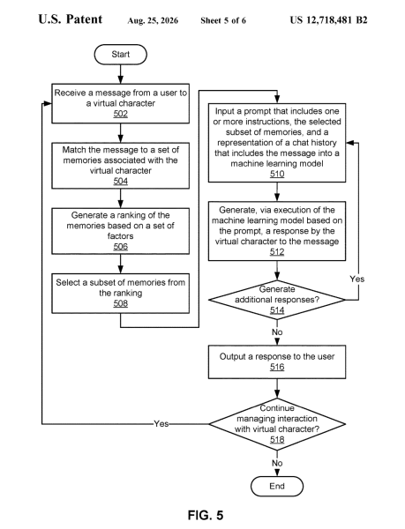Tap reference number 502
(x=121, y=114)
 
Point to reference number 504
(x=121, y=181)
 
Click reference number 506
(x=121, y=247)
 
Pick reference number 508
(x=121, y=303)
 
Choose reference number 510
(x=277, y=174)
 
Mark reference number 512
(x=277, y=252)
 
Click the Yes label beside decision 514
(x=357, y=279)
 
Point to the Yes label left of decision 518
(x=161, y=424)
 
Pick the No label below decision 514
(x=277, y=332)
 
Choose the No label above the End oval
(x=277, y=463)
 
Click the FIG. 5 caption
(x=206, y=515)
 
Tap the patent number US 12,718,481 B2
(x=328, y=20)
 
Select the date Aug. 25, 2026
(x=153, y=21)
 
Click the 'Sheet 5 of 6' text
(x=223, y=20)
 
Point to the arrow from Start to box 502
(x=121, y=74)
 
